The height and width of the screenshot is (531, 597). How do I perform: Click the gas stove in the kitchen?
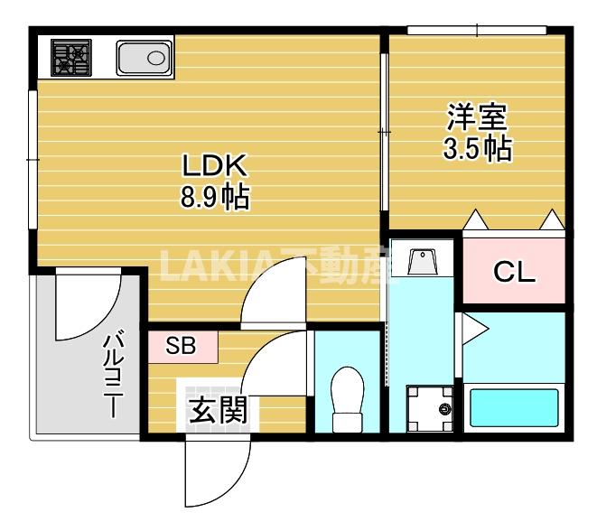(69, 58)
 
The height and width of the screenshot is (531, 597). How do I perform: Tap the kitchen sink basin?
(145, 59)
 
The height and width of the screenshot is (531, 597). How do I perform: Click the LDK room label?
(214, 166)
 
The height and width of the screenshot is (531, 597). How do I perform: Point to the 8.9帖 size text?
(214, 196)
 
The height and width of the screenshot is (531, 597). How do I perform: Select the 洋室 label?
(478, 117)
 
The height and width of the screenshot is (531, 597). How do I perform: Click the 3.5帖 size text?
(478, 148)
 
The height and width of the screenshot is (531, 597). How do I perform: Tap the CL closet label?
(513, 272)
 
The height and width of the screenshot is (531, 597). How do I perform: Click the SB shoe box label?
(182, 345)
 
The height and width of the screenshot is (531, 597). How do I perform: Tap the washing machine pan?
(429, 408)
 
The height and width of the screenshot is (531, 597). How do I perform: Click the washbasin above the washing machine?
(423, 263)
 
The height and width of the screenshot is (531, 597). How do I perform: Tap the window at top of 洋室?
(476, 31)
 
